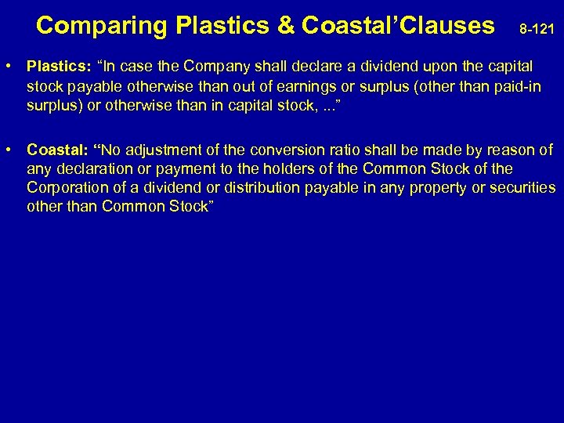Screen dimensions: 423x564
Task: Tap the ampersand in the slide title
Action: pyautogui.click(x=284, y=26)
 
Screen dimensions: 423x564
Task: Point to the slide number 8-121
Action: pyautogui.click(x=537, y=30)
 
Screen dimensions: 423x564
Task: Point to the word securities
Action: pyautogui.click(x=523, y=188)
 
